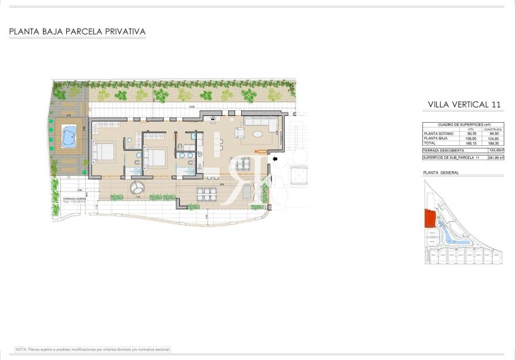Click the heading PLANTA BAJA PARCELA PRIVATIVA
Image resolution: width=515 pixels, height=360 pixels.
point(77,31)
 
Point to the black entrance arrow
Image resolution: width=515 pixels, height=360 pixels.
point(275,160)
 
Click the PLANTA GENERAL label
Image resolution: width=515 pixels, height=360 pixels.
point(441,173)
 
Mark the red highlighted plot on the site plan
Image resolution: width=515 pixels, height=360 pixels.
point(429,219)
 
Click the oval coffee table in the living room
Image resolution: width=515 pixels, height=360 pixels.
point(243,133)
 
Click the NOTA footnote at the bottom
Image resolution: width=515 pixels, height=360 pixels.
point(93,349)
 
